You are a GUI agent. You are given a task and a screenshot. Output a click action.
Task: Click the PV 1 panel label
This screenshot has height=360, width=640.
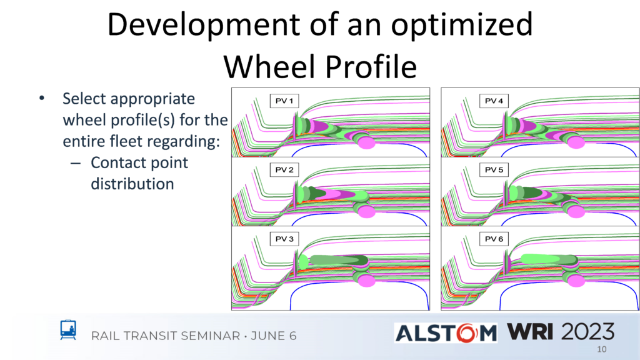(284, 101)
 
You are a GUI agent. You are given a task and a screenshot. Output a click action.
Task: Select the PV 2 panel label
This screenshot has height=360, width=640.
(284, 170)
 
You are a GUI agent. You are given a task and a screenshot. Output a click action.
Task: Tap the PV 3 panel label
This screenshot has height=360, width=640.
(284, 239)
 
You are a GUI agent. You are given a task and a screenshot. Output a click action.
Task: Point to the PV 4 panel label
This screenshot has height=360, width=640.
(494, 101)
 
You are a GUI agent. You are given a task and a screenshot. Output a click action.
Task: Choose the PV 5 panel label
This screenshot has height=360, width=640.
(494, 170)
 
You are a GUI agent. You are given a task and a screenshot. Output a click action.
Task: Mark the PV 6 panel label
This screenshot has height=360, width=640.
(494, 239)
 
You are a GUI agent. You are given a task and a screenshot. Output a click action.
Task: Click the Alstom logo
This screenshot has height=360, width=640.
(446, 333)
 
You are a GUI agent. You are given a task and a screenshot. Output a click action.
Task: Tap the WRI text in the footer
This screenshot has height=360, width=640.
(530, 331)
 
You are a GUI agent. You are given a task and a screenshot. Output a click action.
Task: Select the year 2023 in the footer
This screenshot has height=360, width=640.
(587, 331)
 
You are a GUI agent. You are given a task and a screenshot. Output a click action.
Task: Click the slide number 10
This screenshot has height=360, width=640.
(602, 349)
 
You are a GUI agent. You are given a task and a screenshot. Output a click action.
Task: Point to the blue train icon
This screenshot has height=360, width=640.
(68, 330)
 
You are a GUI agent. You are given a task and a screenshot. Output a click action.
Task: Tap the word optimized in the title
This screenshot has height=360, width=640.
(462, 25)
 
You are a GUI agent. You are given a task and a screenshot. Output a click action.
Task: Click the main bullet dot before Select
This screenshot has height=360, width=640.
(42, 98)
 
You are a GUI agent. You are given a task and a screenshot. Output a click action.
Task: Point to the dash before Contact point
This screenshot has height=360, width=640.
(76, 163)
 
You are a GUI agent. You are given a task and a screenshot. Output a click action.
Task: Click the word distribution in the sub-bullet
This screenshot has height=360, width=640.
(132, 184)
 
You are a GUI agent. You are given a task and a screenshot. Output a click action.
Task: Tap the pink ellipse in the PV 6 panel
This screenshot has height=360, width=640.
(576, 281)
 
